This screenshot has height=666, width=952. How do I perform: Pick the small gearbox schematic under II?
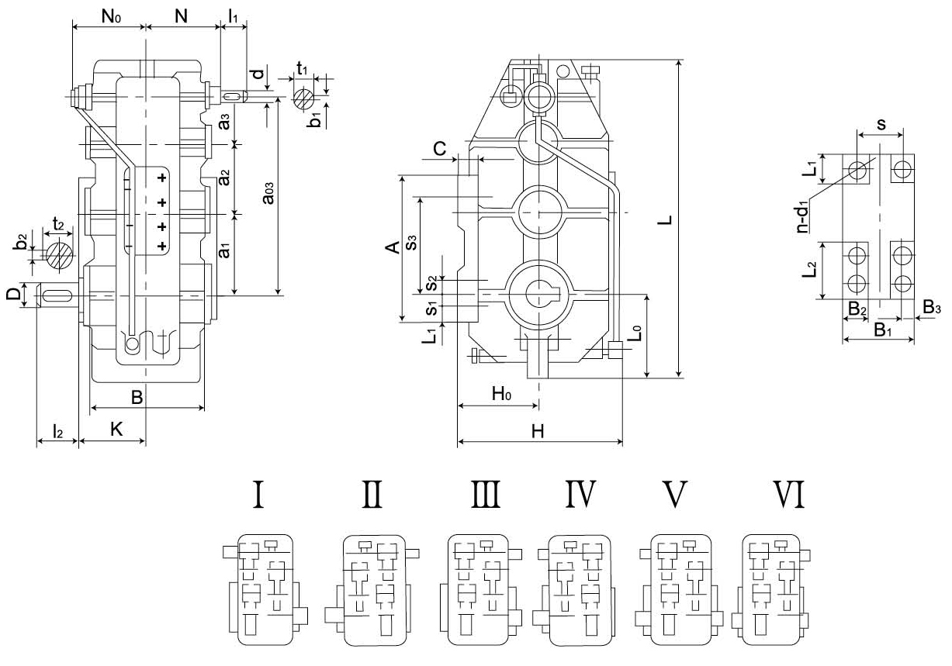pyautogui.click(x=375, y=589)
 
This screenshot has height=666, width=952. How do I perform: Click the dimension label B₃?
pyautogui.click(x=932, y=309)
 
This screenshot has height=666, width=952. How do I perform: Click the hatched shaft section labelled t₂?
pyautogui.click(x=60, y=254)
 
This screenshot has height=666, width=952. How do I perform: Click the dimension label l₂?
pyautogui.click(x=57, y=429)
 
